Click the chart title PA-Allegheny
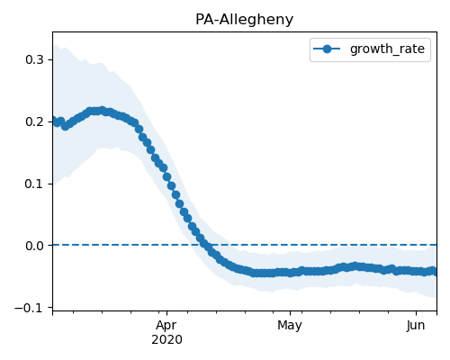tap(244, 20)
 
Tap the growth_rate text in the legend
tap(387, 49)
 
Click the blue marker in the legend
tap(327, 49)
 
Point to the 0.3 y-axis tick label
tap(34, 59)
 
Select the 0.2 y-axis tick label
tap(34, 121)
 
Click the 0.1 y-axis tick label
tap(34, 184)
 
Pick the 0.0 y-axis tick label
tap(34, 246)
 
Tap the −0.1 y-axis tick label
tap(30, 308)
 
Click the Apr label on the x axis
tap(166, 326)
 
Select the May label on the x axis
tap(290, 326)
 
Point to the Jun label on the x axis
tap(416, 326)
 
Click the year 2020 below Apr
tap(166, 340)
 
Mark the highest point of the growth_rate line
tap(103, 111)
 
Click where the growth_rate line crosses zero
tap(206, 245)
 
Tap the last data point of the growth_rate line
tap(433, 271)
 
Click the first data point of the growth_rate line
tap(54, 121)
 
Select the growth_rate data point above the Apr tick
tap(167, 177)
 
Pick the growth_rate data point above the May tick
tap(290, 273)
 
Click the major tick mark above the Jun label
tap(416, 313)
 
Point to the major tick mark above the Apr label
tap(167, 313)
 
